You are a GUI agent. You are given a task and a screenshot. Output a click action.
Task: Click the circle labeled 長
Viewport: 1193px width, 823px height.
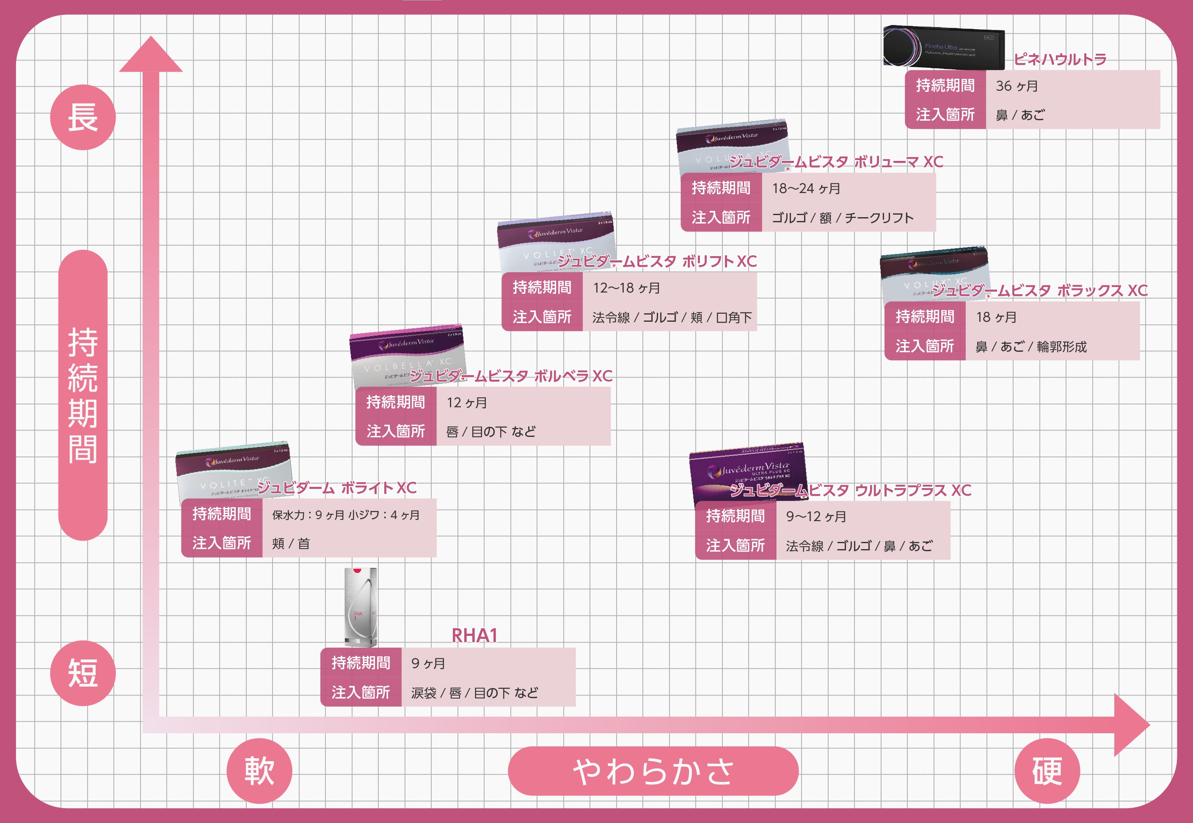[x=83, y=117]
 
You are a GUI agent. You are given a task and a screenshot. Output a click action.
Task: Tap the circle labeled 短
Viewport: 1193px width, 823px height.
[x=83, y=673]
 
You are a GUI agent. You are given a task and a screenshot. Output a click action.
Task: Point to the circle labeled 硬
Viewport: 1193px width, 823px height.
[x=1047, y=771]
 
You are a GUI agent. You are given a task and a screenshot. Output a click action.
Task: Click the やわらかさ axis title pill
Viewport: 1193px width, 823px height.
[x=653, y=771]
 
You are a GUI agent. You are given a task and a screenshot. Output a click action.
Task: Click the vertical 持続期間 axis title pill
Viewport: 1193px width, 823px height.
[x=83, y=395]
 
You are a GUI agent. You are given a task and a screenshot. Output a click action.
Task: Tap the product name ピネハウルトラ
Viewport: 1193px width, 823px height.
[x=1060, y=59]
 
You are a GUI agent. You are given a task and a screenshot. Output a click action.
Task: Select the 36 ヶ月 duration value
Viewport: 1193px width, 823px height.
[x=1016, y=86]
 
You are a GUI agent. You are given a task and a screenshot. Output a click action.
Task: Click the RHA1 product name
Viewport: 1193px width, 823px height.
[x=474, y=635]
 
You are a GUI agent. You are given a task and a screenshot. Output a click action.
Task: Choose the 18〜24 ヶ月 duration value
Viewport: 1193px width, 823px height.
[x=805, y=188]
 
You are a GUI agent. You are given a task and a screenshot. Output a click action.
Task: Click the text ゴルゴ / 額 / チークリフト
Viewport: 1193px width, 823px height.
[x=842, y=218]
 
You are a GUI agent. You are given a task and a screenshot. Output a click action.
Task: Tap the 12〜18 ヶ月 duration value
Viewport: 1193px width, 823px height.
[x=626, y=288]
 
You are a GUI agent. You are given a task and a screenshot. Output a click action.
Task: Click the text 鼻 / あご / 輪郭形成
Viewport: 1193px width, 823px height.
[x=1030, y=347]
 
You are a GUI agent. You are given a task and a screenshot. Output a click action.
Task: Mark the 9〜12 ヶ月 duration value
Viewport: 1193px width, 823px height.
[x=816, y=516]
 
